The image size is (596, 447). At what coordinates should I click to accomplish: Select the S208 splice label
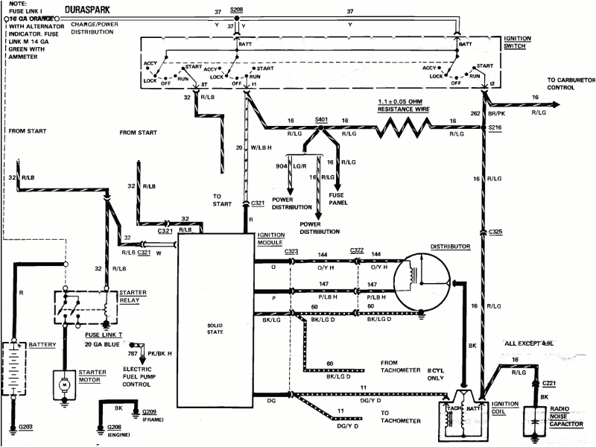pyautogui.click(x=236, y=10)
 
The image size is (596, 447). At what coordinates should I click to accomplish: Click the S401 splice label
pyautogui.click(x=321, y=118)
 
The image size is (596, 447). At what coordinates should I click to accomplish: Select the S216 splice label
pyautogui.click(x=496, y=129)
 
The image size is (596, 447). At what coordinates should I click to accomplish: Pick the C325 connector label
pyautogui.click(x=496, y=232)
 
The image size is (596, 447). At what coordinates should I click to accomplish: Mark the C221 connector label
pyautogui.click(x=549, y=384)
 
